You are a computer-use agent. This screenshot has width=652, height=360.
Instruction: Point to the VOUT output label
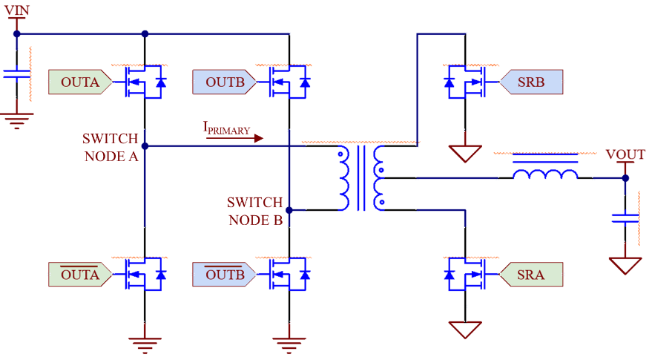coord(625,155)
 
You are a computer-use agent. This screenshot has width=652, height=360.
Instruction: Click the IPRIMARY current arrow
coord(234,137)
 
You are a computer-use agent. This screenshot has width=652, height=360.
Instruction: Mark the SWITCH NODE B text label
coord(254,211)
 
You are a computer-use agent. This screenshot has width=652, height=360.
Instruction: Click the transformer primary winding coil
coord(344,178)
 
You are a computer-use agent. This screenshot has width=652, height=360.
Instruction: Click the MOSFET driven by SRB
coord(466,82)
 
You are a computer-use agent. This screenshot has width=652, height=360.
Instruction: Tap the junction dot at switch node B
coord(289,211)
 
